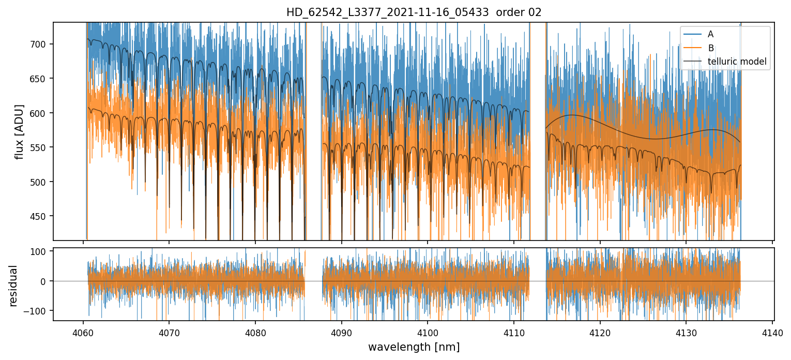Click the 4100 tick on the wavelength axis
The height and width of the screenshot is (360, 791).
point(428,332)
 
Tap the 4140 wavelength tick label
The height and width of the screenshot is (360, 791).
point(772,332)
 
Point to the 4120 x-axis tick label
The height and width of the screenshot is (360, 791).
point(600,332)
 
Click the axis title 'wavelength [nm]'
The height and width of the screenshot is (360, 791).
point(414,347)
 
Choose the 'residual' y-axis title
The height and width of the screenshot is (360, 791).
point(13,286)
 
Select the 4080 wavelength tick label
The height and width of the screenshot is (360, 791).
point(255,332)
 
